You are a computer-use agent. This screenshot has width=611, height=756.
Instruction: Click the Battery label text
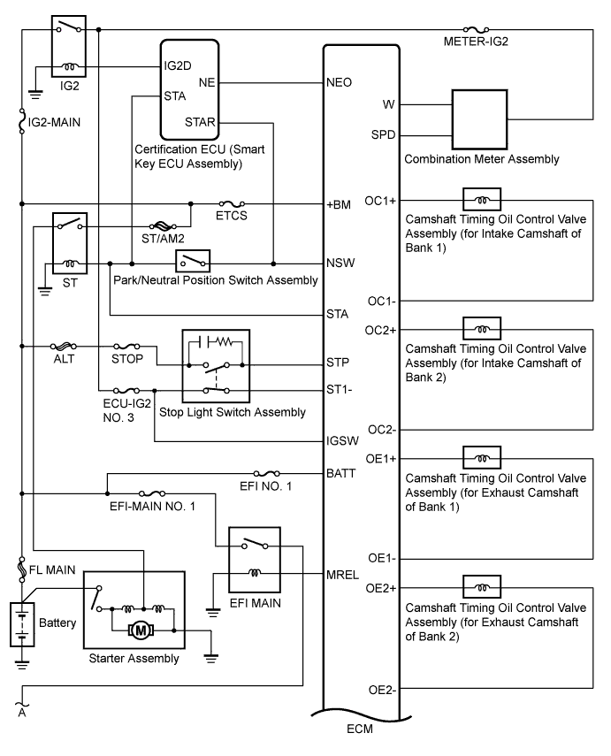coord(57,622)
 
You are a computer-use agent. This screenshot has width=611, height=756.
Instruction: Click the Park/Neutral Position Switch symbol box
coord(194,262)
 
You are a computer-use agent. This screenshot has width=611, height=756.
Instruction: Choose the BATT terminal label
coord(341,473)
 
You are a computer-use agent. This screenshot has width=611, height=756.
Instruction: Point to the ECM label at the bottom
coord(360,733)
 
